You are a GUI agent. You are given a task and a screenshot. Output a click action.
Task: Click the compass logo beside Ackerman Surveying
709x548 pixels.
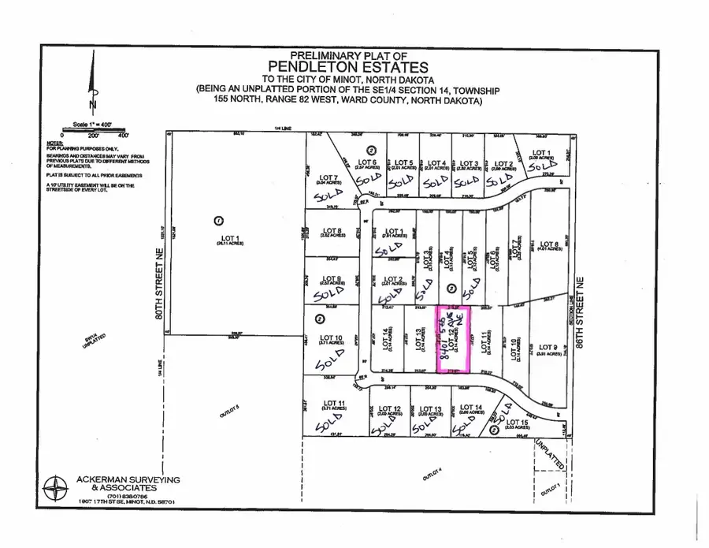(x=56, y=489)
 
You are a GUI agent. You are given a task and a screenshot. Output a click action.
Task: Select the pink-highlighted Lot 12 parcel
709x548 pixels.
(x=453, y=339)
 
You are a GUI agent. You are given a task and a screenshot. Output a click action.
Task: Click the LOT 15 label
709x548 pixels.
(x=514, y=424)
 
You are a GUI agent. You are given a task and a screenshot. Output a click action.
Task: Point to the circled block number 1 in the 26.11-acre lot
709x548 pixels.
(x=220, y=220)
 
